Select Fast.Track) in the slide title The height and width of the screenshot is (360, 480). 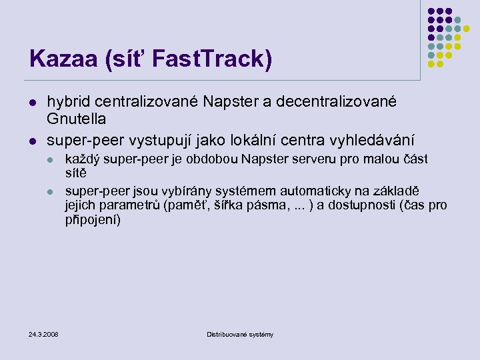pos(212,59)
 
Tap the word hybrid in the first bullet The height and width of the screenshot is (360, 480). pos(69,101)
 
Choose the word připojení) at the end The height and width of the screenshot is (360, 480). pos(93,219)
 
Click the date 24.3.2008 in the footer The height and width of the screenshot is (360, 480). pos(43,334)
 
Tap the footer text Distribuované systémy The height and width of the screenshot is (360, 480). pos(240,334)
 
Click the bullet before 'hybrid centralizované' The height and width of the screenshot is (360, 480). pos(31,102)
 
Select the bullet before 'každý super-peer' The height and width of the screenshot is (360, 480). pos(50,160)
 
